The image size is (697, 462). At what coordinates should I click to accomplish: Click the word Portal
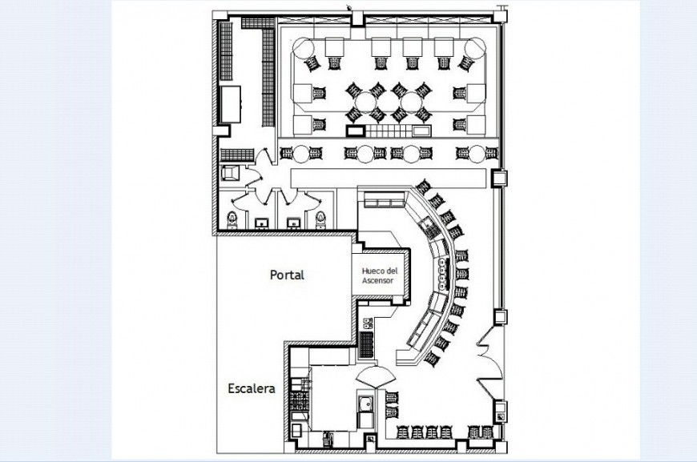pyautogui.click(x=286, y=275)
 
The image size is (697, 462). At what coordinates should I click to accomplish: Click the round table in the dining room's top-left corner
pyautogui.click(x=303, y=48)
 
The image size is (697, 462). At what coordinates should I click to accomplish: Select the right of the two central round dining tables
pyautogui.click(x=411, y=102)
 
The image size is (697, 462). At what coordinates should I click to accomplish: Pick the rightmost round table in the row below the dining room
pyautogui.click(x=478, y=153)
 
